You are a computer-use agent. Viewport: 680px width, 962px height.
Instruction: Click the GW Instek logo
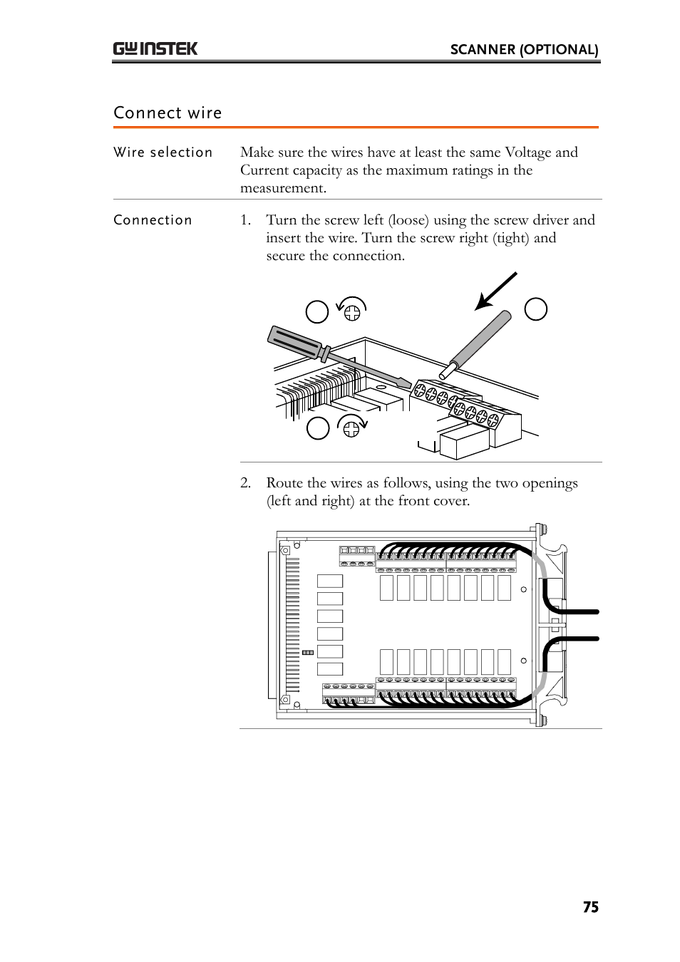click(155, 48)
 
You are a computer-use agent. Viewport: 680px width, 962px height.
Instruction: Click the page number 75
click(590, 907)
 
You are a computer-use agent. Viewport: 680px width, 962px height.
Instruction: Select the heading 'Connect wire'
click(168, 113)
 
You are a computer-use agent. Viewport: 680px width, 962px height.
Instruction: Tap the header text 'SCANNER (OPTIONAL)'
click(524, 49)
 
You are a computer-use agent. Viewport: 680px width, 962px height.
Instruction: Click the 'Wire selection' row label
click(163, 152)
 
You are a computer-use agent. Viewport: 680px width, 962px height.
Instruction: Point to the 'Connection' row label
click(153, 220)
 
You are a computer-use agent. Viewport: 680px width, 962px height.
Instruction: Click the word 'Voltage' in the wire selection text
click(527, 152)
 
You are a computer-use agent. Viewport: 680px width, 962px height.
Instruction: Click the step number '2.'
click(245, 483)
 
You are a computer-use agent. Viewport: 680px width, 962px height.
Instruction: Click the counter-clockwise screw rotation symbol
click(351, 309)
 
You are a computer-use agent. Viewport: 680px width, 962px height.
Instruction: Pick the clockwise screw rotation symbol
click(351, 426)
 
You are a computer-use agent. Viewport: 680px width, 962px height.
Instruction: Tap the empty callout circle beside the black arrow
click(535, 309)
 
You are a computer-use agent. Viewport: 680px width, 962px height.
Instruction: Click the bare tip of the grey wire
click(448, 371)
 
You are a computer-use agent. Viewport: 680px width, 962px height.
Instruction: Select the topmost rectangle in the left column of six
click(329, 581)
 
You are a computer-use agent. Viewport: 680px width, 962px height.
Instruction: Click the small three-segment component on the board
click(308, 652)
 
